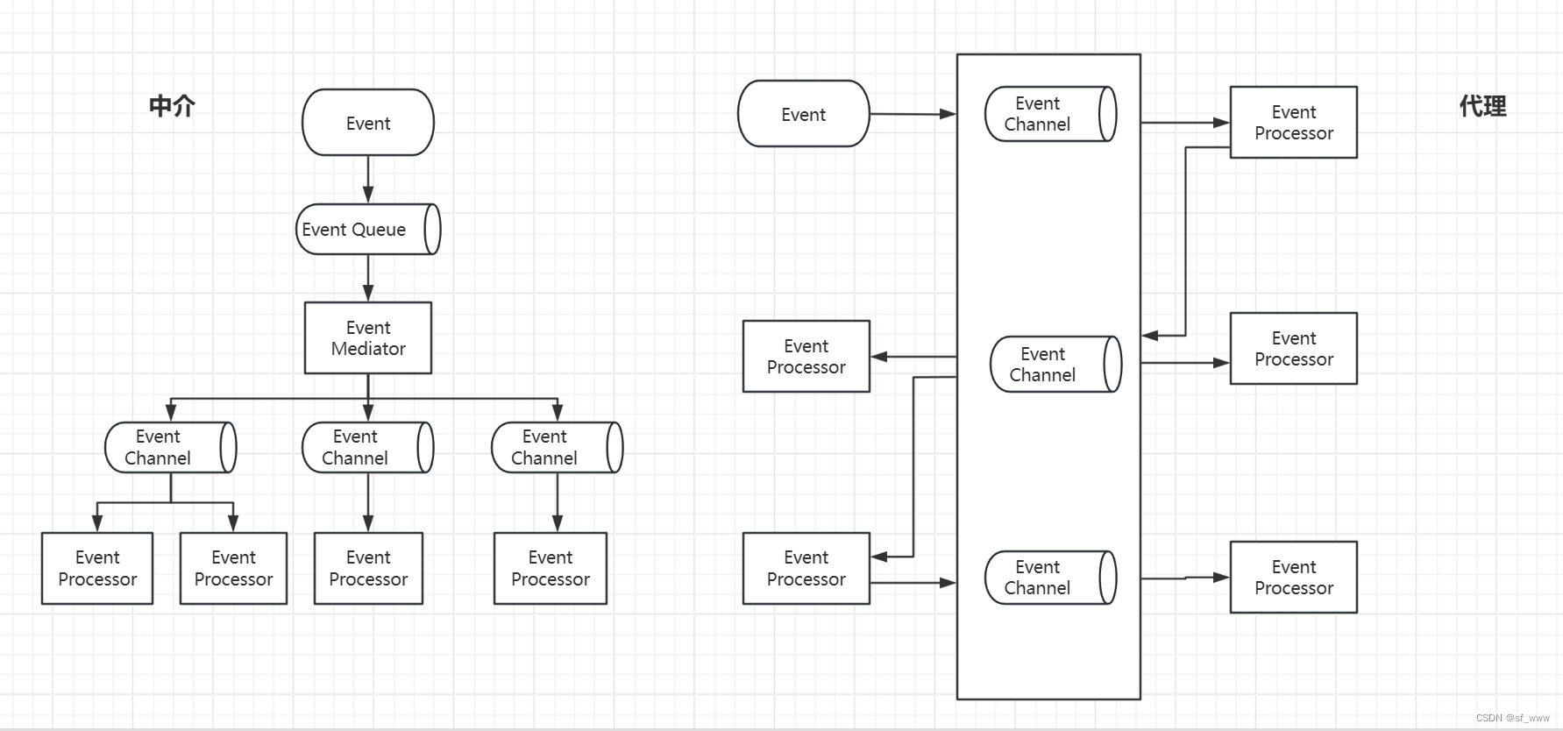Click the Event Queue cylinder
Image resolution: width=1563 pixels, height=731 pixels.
click(x=368, y=230)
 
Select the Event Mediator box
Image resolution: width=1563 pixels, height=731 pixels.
click(x=368, y=338)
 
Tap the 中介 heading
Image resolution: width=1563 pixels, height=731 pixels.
click(x=172, y=106)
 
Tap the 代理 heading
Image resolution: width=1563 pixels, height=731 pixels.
click(x=1482, y=106)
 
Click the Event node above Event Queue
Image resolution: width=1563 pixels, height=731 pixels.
click(x=368, y=123)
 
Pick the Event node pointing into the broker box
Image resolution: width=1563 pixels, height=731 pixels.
click(x=804, y=114)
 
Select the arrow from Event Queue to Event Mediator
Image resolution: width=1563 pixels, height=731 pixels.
click(x=368, y=279)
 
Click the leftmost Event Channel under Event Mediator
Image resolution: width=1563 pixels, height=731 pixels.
click(x=171, y=448)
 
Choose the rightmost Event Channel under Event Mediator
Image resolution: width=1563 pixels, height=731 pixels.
click(x=558, y=448)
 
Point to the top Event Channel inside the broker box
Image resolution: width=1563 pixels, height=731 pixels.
click(x=1051, y=114)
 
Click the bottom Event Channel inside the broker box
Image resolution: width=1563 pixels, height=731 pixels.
click(x=1051, y=578)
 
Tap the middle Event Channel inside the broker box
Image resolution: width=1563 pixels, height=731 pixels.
click(x=1056, y=364)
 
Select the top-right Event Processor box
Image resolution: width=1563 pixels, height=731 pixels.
click(x=1294, y=123)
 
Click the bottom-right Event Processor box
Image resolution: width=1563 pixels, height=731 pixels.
click(x=1294, y=578)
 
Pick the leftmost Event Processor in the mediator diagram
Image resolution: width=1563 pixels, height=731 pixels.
click(x=97, y=569)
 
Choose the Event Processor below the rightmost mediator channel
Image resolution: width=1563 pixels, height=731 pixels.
click(x=551, y=569)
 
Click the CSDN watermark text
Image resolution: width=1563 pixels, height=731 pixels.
click(x=1513, y=718)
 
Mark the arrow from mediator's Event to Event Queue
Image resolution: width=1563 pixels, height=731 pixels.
click(x=368, y=180)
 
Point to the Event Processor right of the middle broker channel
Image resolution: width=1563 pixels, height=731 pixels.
click(x=1294, y=349)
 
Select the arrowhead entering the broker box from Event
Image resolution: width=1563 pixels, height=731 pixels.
click(x=948, y=114)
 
